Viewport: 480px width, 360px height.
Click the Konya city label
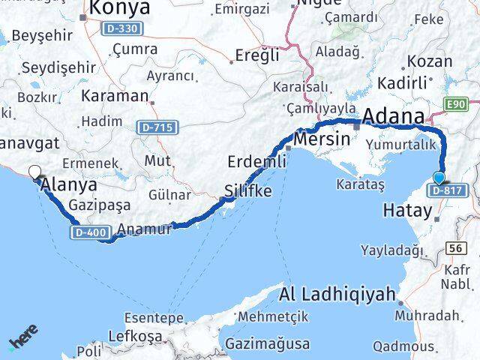pyautogui.click(x=120, y=8)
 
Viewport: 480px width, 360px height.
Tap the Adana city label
pyautogui.click(x=393, y=118)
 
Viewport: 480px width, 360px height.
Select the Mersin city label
pyautogui.click(x=322, y=139)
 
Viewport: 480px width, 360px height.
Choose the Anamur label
pyautogui.click(x=145, y=230)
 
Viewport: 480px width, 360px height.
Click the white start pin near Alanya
pyautogui.click(x=34, y=173)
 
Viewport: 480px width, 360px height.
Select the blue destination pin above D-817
pyautogui.click(x=439, y=178)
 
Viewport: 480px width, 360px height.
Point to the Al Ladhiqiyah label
pyautogui.click(x=338, y=295)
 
